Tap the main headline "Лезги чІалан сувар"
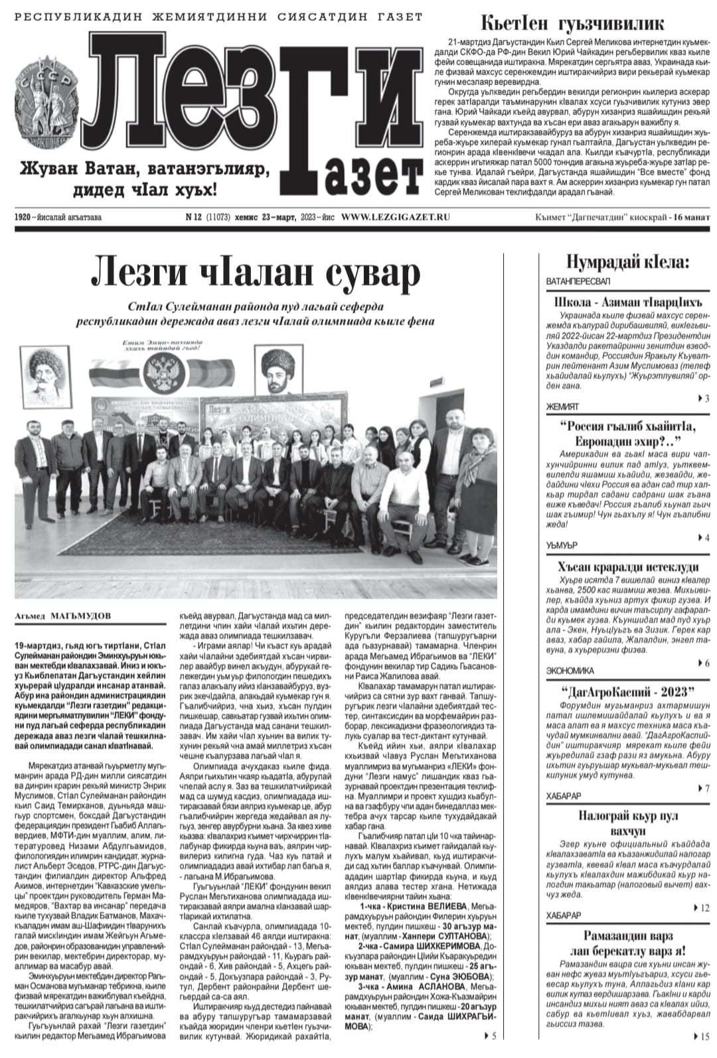pos(255,273)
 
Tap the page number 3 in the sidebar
pos(706,399)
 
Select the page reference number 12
pos(704,907)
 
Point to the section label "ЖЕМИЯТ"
pos(562,406)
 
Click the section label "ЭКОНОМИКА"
pos(570,671)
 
